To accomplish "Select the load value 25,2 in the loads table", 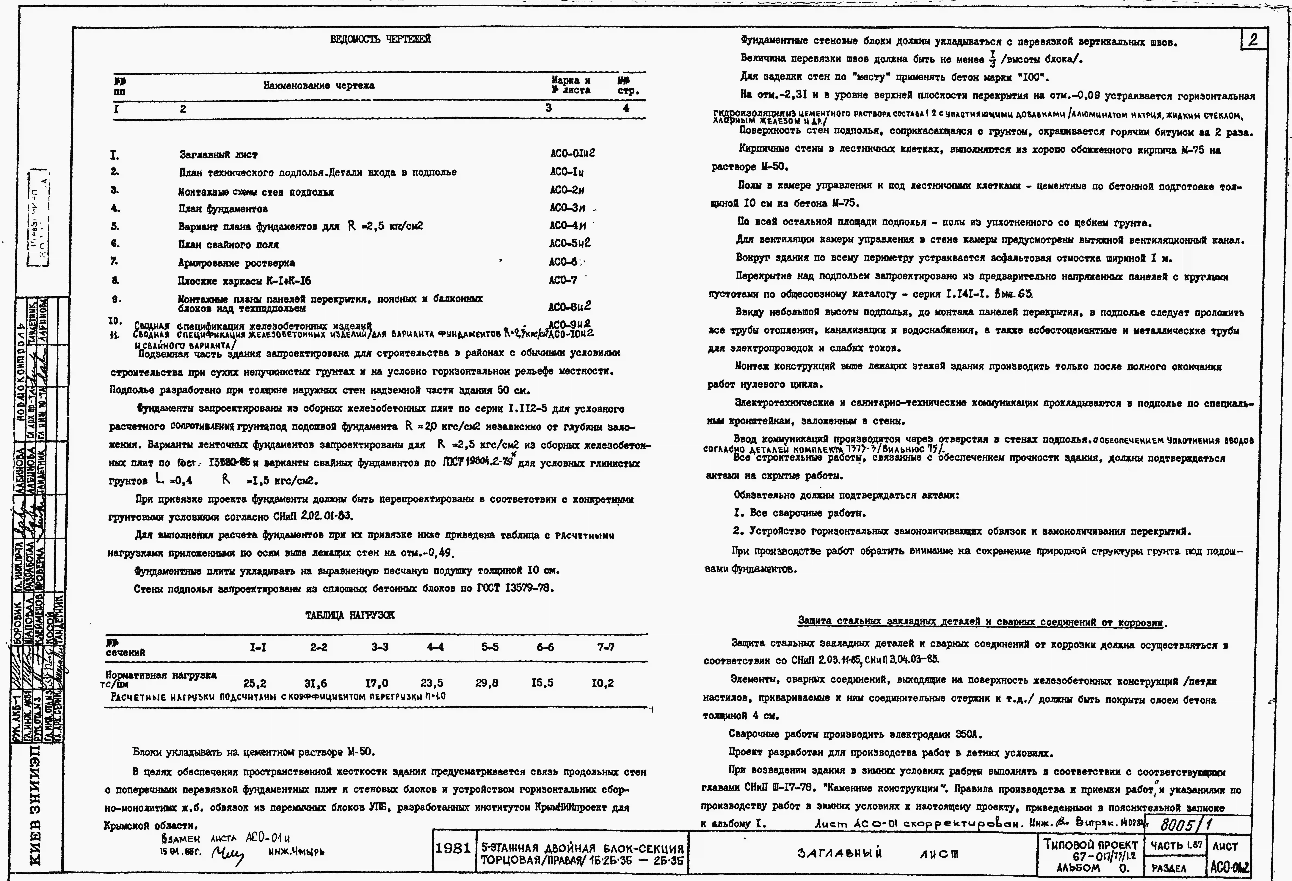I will coord(255,683).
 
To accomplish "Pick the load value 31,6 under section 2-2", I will coord(315,683).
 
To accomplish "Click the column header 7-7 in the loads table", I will coord(605,647).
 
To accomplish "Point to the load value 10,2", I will coord(602,683).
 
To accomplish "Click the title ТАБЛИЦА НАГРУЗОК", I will coord(350,615).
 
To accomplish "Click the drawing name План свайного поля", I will coord(228,245).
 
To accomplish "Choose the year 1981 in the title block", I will coord(453,848).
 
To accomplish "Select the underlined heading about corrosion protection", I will coord(981,621).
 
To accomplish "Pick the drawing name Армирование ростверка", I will coord(236,263).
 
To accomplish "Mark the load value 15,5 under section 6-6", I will coord(542,683).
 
